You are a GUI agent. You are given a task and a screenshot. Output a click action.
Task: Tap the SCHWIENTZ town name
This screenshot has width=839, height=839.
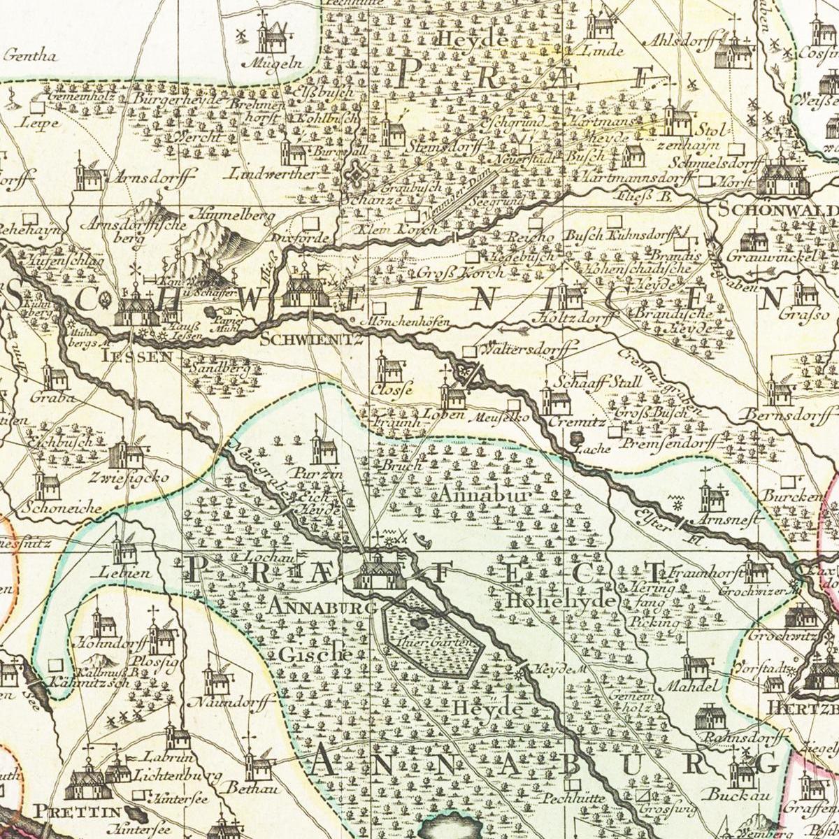(311, 340)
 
